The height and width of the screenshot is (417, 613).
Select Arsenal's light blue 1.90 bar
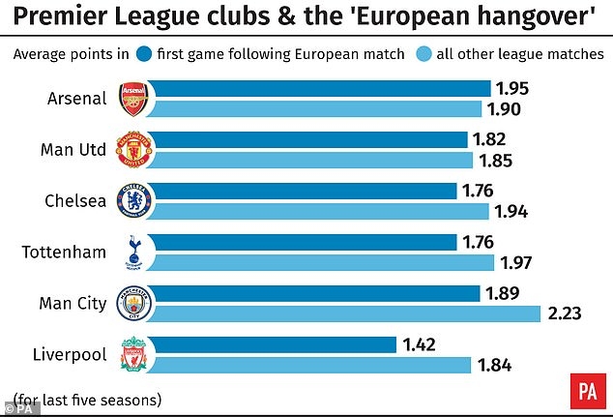coord(320,108)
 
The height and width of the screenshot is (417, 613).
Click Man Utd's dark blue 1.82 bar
coord(309,140)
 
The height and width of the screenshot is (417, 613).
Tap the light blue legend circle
coord(423,52)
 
